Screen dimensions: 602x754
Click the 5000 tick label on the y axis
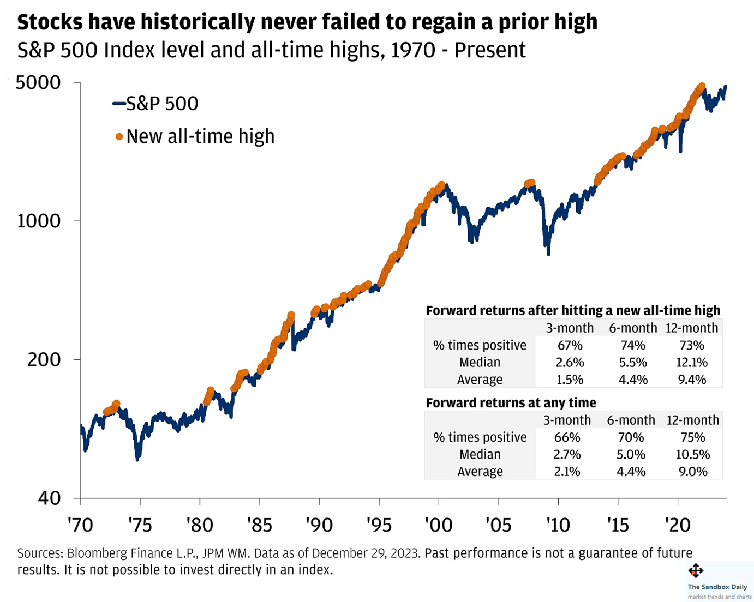[38, 83]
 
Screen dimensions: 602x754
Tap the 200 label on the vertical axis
[44, 359]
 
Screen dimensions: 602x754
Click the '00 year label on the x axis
[439, 525]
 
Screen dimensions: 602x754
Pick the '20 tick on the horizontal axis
[678, 525]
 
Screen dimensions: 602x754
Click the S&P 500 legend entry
[161, 104]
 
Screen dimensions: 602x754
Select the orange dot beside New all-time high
[119, 137]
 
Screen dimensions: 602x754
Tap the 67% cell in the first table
[570, 345]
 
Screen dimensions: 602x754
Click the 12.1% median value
[691, 363]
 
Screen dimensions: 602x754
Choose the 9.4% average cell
[691, 380]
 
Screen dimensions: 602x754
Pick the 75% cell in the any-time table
[692, 437]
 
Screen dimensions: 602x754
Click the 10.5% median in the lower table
[692, 455]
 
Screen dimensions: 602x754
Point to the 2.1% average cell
[567, 472]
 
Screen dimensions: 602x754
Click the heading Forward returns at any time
[511, 403]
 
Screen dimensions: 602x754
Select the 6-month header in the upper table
[633, 328]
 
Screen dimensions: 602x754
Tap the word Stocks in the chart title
[50, 22]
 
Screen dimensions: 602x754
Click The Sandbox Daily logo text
[717, 587]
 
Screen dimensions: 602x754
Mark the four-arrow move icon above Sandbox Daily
[696, 571]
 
